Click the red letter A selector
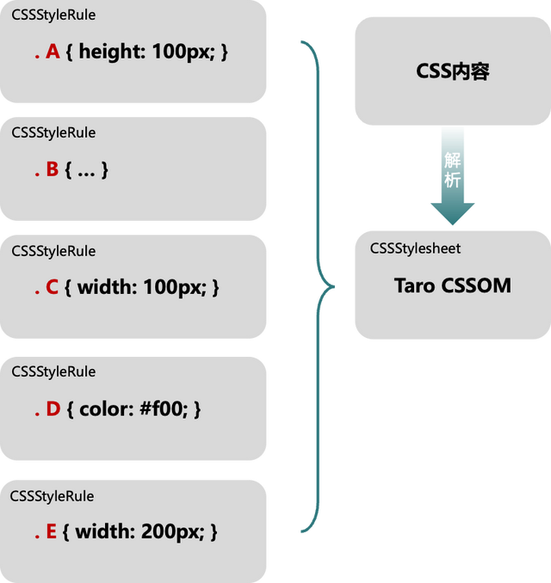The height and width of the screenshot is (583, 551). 53,51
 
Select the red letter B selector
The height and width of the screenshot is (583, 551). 53,169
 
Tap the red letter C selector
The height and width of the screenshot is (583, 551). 53,287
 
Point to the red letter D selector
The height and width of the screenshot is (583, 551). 53,408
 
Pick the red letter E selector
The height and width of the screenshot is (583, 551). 52,531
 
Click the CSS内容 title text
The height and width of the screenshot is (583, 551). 452,71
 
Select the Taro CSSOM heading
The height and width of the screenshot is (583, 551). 453,285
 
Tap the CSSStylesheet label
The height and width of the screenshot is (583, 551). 415,249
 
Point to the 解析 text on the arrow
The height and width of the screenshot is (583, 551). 453,170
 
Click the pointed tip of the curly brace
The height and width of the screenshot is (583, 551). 334,286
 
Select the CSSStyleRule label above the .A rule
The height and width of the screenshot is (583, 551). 53,15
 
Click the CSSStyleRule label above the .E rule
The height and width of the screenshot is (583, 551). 52,496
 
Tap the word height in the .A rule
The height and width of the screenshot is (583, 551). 113,52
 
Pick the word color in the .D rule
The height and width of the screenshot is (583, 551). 107,408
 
